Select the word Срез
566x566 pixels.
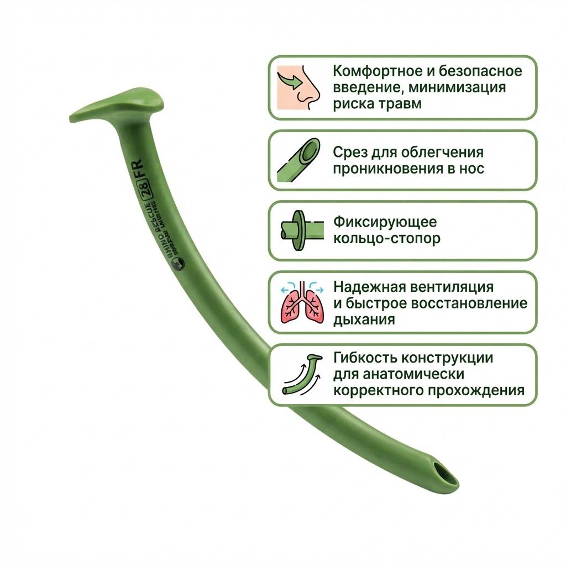352,152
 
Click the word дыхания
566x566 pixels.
364,319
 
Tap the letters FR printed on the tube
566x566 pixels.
145,172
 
